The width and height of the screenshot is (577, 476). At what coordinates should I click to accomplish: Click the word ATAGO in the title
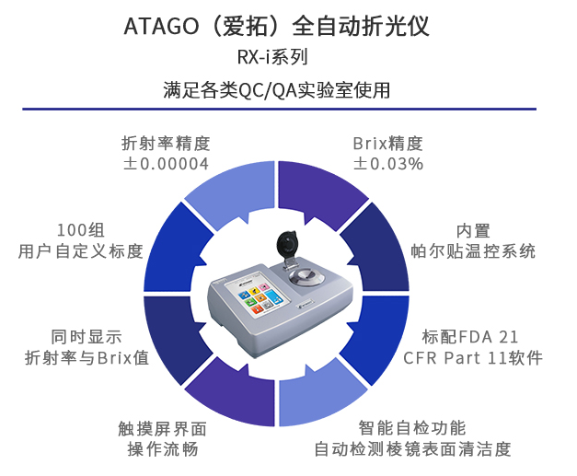pyautogui.click(x=161, y=27)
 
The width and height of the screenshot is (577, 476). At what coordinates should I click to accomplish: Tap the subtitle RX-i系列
pyautogui.click(x=272, y=57)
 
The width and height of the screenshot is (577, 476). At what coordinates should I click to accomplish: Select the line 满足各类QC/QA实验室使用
pyautogui.click(x=277, y=90)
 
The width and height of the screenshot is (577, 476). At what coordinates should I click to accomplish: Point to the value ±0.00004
pyautogui.click(x=166, y=164)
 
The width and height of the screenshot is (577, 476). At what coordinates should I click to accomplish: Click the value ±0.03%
pyautogui.click(x=388, y=164)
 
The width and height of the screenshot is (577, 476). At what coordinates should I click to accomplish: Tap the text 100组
pyautogui.click(x=81, y=231)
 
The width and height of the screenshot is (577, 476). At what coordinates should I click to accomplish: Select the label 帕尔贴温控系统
pyautogui.click(x=473, y=251)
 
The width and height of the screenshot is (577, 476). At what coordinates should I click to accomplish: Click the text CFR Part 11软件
pyautogui.click(x=473, y=358)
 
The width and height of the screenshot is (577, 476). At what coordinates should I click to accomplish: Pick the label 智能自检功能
pyautogui.click(x=412, y=428)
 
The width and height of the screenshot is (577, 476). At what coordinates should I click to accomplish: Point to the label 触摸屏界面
pyautogui.click(x=163, y=428)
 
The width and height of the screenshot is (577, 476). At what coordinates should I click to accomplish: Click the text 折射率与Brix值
pyautogui.click(x=87, y=358)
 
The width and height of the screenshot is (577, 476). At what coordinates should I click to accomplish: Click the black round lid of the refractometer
pyautogui.click(x=287, y=244)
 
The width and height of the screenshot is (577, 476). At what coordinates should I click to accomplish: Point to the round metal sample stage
pyautogui.click(x=306, y=277)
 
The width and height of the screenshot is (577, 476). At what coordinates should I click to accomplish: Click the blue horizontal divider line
pyautogui.click(x=280, y=109)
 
